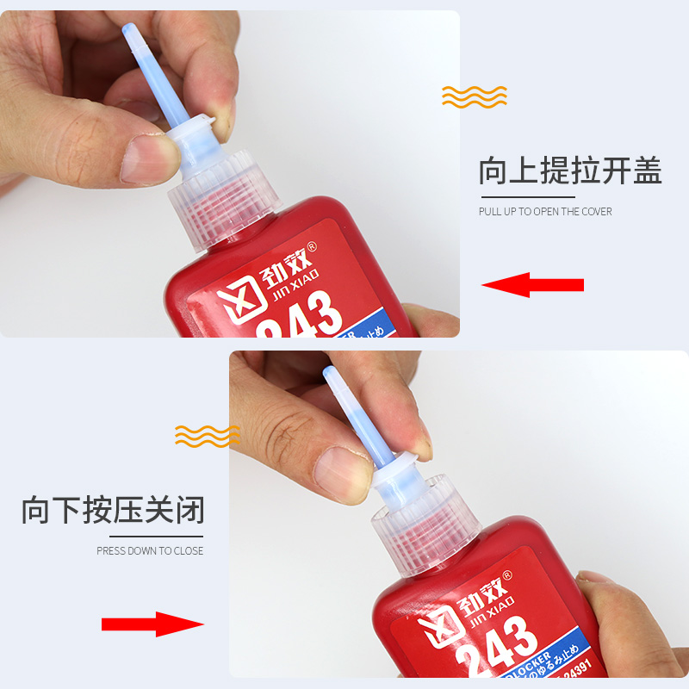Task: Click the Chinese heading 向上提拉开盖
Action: click(x=570, y=171)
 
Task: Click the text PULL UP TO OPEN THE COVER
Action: click(x=545, y=212)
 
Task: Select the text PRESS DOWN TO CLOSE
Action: click(x=150, y=551)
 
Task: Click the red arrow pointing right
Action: click(x=152, y=624)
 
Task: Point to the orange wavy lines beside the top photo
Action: click(x=475, y=96)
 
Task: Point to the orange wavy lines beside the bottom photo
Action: click(x=208, y=436)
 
